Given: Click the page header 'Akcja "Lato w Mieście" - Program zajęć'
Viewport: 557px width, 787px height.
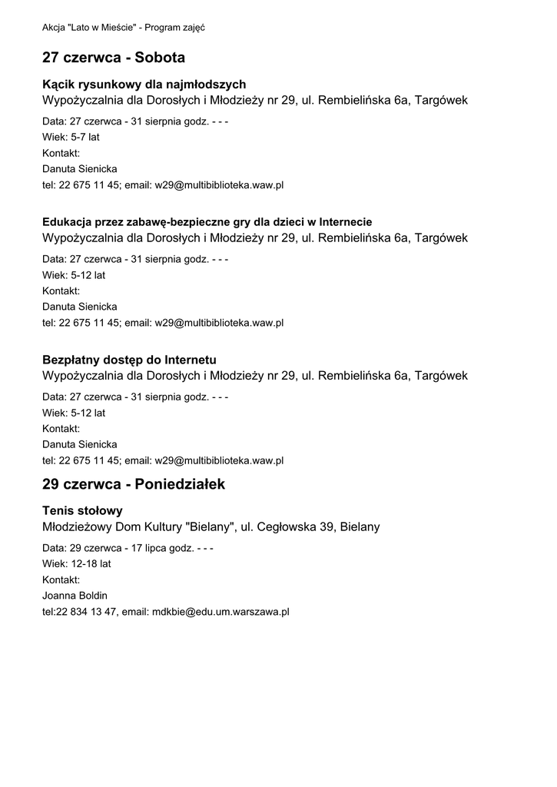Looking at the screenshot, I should (122, 28).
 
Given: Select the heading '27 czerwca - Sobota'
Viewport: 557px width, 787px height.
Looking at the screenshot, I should (114, 58).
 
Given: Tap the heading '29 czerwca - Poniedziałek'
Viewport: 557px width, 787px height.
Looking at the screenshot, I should (134, 485).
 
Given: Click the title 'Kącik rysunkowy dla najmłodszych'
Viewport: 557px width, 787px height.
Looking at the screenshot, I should (144, 84).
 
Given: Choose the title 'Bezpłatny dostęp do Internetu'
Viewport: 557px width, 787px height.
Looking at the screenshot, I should (129, 360).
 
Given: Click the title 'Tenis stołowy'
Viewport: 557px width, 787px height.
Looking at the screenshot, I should (82, 510).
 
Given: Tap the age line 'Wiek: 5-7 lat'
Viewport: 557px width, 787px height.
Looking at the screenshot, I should (71, 137).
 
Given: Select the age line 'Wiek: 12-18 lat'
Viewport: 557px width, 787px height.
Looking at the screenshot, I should (76, 563).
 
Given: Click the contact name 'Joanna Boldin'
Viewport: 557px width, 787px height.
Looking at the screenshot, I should (75, 596).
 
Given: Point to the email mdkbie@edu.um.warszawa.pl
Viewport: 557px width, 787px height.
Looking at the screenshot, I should (220, 612).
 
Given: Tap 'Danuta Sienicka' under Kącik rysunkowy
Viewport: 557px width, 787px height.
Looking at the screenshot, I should (79, 169).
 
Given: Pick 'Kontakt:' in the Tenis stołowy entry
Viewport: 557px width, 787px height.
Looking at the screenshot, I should (61, 579).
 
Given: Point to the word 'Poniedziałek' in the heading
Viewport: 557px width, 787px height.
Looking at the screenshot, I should (179, 485).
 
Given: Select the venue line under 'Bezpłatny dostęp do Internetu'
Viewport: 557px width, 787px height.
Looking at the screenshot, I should (254, 376).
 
